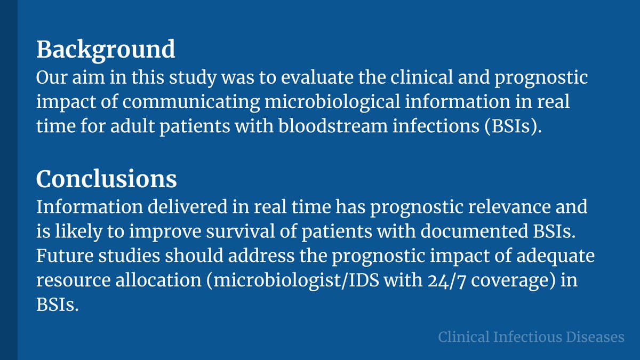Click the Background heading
(106, 50)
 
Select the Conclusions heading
(106, 180)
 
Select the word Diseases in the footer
(597, 337)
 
